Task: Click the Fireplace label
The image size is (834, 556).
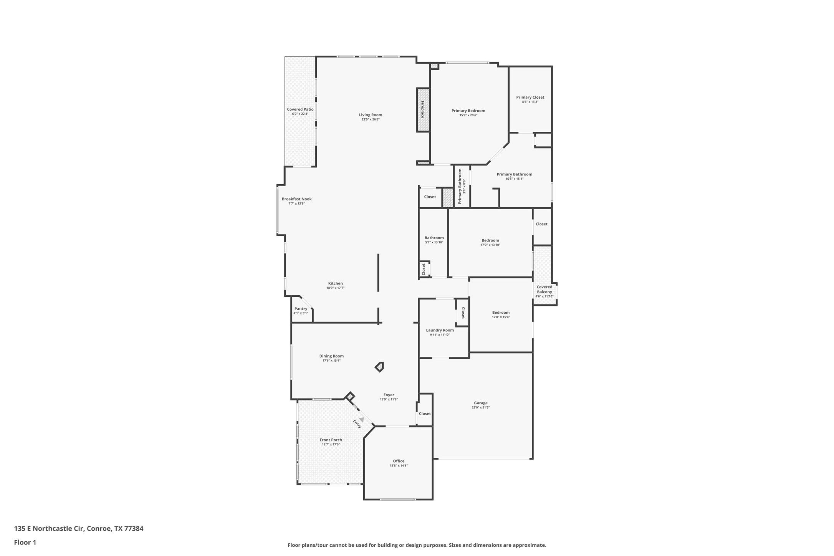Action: (422, 110)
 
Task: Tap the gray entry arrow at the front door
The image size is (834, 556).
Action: (361, 420)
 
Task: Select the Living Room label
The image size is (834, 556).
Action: (371, 115)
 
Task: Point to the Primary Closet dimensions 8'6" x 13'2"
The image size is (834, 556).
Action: (530, 102)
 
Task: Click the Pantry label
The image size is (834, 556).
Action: (301, 309)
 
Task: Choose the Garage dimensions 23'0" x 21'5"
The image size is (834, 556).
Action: (481, 407)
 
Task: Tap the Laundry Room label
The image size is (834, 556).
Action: (440, 330)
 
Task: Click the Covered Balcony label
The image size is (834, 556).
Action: (544, 290)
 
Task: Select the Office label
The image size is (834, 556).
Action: (399, 461)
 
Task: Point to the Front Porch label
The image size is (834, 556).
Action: (331, 440)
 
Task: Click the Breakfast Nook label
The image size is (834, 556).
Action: (297, 199)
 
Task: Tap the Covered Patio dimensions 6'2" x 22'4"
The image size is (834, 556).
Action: (300, 114)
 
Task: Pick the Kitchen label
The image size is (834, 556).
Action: (336, 283)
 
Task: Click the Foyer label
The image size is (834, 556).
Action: (389, 395)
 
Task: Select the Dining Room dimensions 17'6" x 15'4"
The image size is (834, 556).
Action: (331, 361)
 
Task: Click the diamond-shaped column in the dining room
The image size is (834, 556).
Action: (379, 367)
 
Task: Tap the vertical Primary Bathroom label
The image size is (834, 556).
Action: (460, 187)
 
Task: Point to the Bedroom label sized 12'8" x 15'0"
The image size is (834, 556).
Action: (501, 313)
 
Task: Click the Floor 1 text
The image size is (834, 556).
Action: (25, 543)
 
